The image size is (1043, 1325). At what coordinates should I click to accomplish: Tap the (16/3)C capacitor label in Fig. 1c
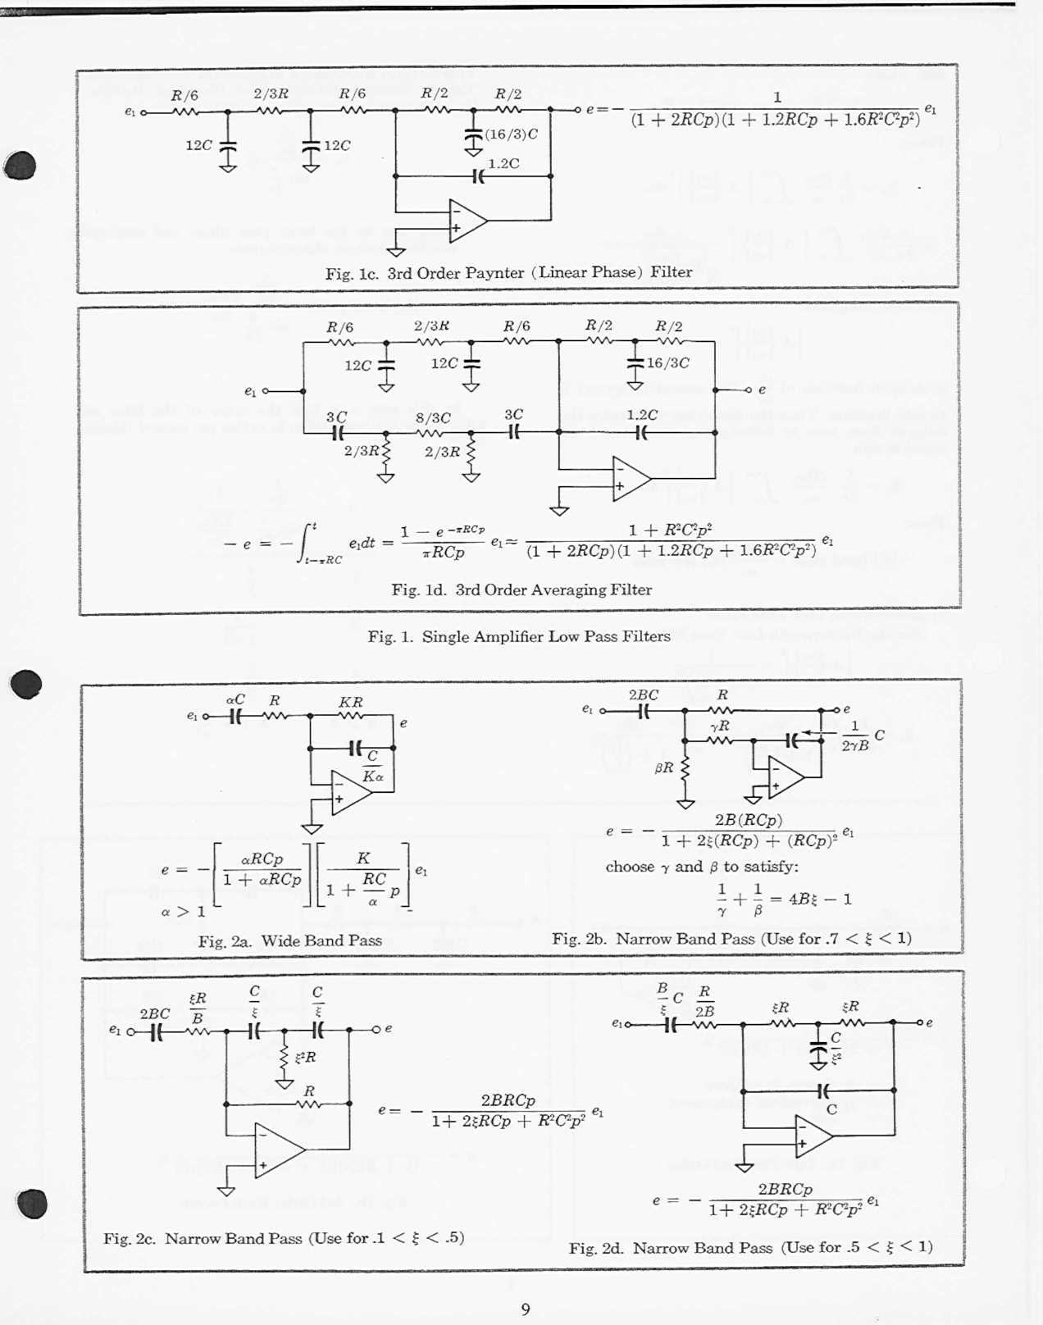511,134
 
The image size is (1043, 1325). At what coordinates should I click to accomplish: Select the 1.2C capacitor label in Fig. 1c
503,163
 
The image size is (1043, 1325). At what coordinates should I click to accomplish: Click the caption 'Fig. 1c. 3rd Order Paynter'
508,272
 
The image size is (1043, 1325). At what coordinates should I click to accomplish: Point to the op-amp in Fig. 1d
631,479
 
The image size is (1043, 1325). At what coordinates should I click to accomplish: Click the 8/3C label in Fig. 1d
433,418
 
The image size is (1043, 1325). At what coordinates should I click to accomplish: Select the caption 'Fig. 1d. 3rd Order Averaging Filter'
521,590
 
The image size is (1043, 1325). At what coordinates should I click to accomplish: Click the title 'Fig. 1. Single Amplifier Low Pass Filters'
519,636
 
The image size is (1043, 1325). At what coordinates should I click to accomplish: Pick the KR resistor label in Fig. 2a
351,702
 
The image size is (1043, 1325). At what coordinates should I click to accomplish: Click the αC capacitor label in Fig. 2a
235,699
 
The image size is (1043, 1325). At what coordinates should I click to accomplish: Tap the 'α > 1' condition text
183,911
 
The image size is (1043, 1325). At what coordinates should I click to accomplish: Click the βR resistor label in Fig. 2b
664,768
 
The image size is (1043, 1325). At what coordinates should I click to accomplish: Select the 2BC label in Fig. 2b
643,694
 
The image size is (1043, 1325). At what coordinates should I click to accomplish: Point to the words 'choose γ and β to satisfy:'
702,867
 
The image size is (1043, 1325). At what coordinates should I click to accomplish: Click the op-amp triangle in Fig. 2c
279,1150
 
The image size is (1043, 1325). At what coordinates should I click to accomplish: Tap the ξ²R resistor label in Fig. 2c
305,1057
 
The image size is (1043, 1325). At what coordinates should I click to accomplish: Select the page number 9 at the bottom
526,1309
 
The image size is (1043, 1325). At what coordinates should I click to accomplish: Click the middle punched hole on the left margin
25,684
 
